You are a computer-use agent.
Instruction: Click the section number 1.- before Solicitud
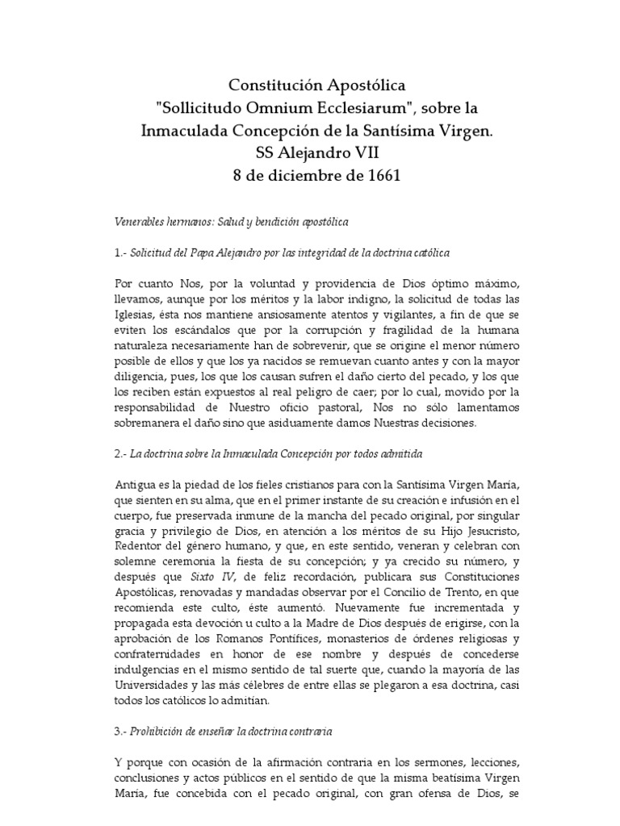119,252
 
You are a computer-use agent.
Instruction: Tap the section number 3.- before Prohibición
120,731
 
